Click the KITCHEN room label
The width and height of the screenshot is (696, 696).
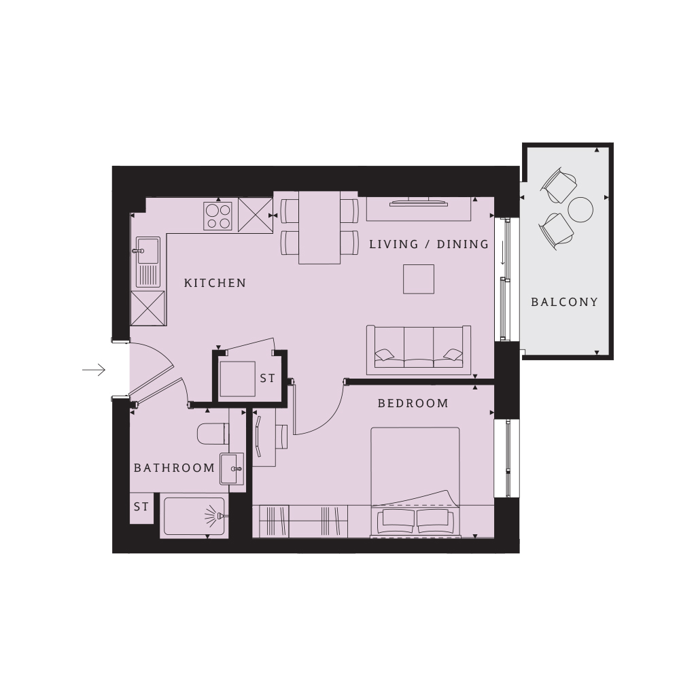click(215, 283)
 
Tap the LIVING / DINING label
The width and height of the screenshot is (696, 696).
click(429, 244)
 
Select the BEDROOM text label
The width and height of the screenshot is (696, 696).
click(413, 403)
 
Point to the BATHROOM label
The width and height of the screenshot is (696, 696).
click(174, 468)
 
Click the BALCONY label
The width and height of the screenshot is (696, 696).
click(564, 302)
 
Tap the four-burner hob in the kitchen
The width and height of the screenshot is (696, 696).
click(218, 216)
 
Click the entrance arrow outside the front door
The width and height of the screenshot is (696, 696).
click(94, 370)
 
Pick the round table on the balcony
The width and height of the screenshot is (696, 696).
click(581, 209)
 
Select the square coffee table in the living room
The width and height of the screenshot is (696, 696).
click(419, 279)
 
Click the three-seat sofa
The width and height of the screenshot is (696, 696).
click(419, 349)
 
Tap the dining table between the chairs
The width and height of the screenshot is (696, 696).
click(319, 227)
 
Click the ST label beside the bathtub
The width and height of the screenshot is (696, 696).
click(141, 507)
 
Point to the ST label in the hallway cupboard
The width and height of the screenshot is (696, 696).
click(267, 378)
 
